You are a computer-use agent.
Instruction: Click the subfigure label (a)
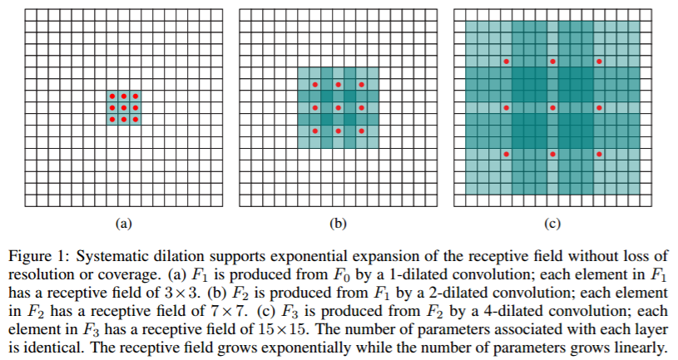(123, 223)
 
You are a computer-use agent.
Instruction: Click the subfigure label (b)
(338, 223)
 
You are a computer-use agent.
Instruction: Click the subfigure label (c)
(552, 223)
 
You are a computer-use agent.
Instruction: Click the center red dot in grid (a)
(123, 108)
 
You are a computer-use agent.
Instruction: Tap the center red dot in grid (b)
(338, 108)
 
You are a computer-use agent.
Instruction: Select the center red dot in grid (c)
(552, 108)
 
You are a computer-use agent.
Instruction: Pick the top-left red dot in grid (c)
(506, 62)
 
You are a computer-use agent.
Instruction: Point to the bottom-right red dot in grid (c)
(599, 155)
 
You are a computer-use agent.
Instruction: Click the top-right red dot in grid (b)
(361, 85)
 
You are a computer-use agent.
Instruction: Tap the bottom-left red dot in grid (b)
(314, 131)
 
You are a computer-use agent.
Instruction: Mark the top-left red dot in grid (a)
(111, 96)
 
